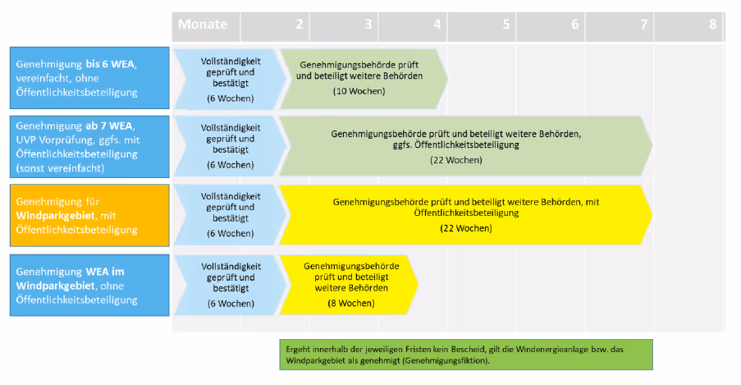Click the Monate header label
pyautogui.click(x=203, y=25)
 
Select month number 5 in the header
pyautogui.click(x=506, y=25)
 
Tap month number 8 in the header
pyautogui.click(x=712, y=25)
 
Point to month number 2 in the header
pyautogui.click(x=300, y=25)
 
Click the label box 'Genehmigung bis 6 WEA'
pyautogui.click(x=89, y=78)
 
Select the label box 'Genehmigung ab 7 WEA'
pyautogui.click(x=89, y=145)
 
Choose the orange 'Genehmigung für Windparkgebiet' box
pyautogui.click(x=89, y=215)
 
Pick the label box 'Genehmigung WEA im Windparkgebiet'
pyautogui.click(x=89, y=285)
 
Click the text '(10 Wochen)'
pyautogui.click(x=359, y=90)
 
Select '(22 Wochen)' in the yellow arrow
pyautogui.click(x=466, y=227)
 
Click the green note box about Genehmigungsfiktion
pyautogui.click(x=465, y=355)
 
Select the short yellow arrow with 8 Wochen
pyautogui.click(x=349, y=285)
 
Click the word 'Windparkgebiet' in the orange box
pyautogui.click(x=51, y=215)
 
